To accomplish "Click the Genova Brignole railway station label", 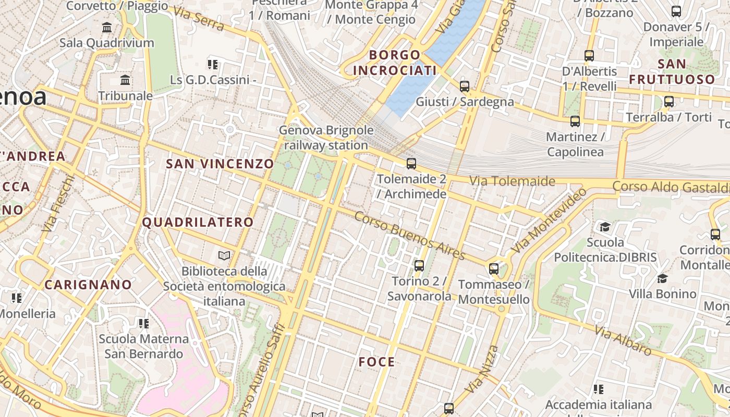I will coord(326,138).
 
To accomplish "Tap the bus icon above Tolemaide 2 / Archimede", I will coord(411,164).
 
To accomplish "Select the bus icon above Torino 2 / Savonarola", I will coord(419,266).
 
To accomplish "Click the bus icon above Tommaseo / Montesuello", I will coord(493,269).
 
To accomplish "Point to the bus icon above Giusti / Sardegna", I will coord(464,87).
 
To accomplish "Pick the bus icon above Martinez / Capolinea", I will coord(575,121).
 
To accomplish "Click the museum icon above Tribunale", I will coord(125,80).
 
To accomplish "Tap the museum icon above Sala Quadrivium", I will coord(107,27).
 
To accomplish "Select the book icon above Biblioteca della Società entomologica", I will coord(224,255).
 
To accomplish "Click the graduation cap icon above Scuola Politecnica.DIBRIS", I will coord(605,227).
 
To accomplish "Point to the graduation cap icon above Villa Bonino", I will coord(662,278).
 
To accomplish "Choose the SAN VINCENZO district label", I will coord(220,164).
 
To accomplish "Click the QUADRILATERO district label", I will coord(198,222).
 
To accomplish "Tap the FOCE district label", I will coord(376,362).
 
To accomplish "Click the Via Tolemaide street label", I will coord(512,181).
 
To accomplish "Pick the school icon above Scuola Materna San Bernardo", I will coord(144,324).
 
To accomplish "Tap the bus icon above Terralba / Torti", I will coord(668,102).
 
